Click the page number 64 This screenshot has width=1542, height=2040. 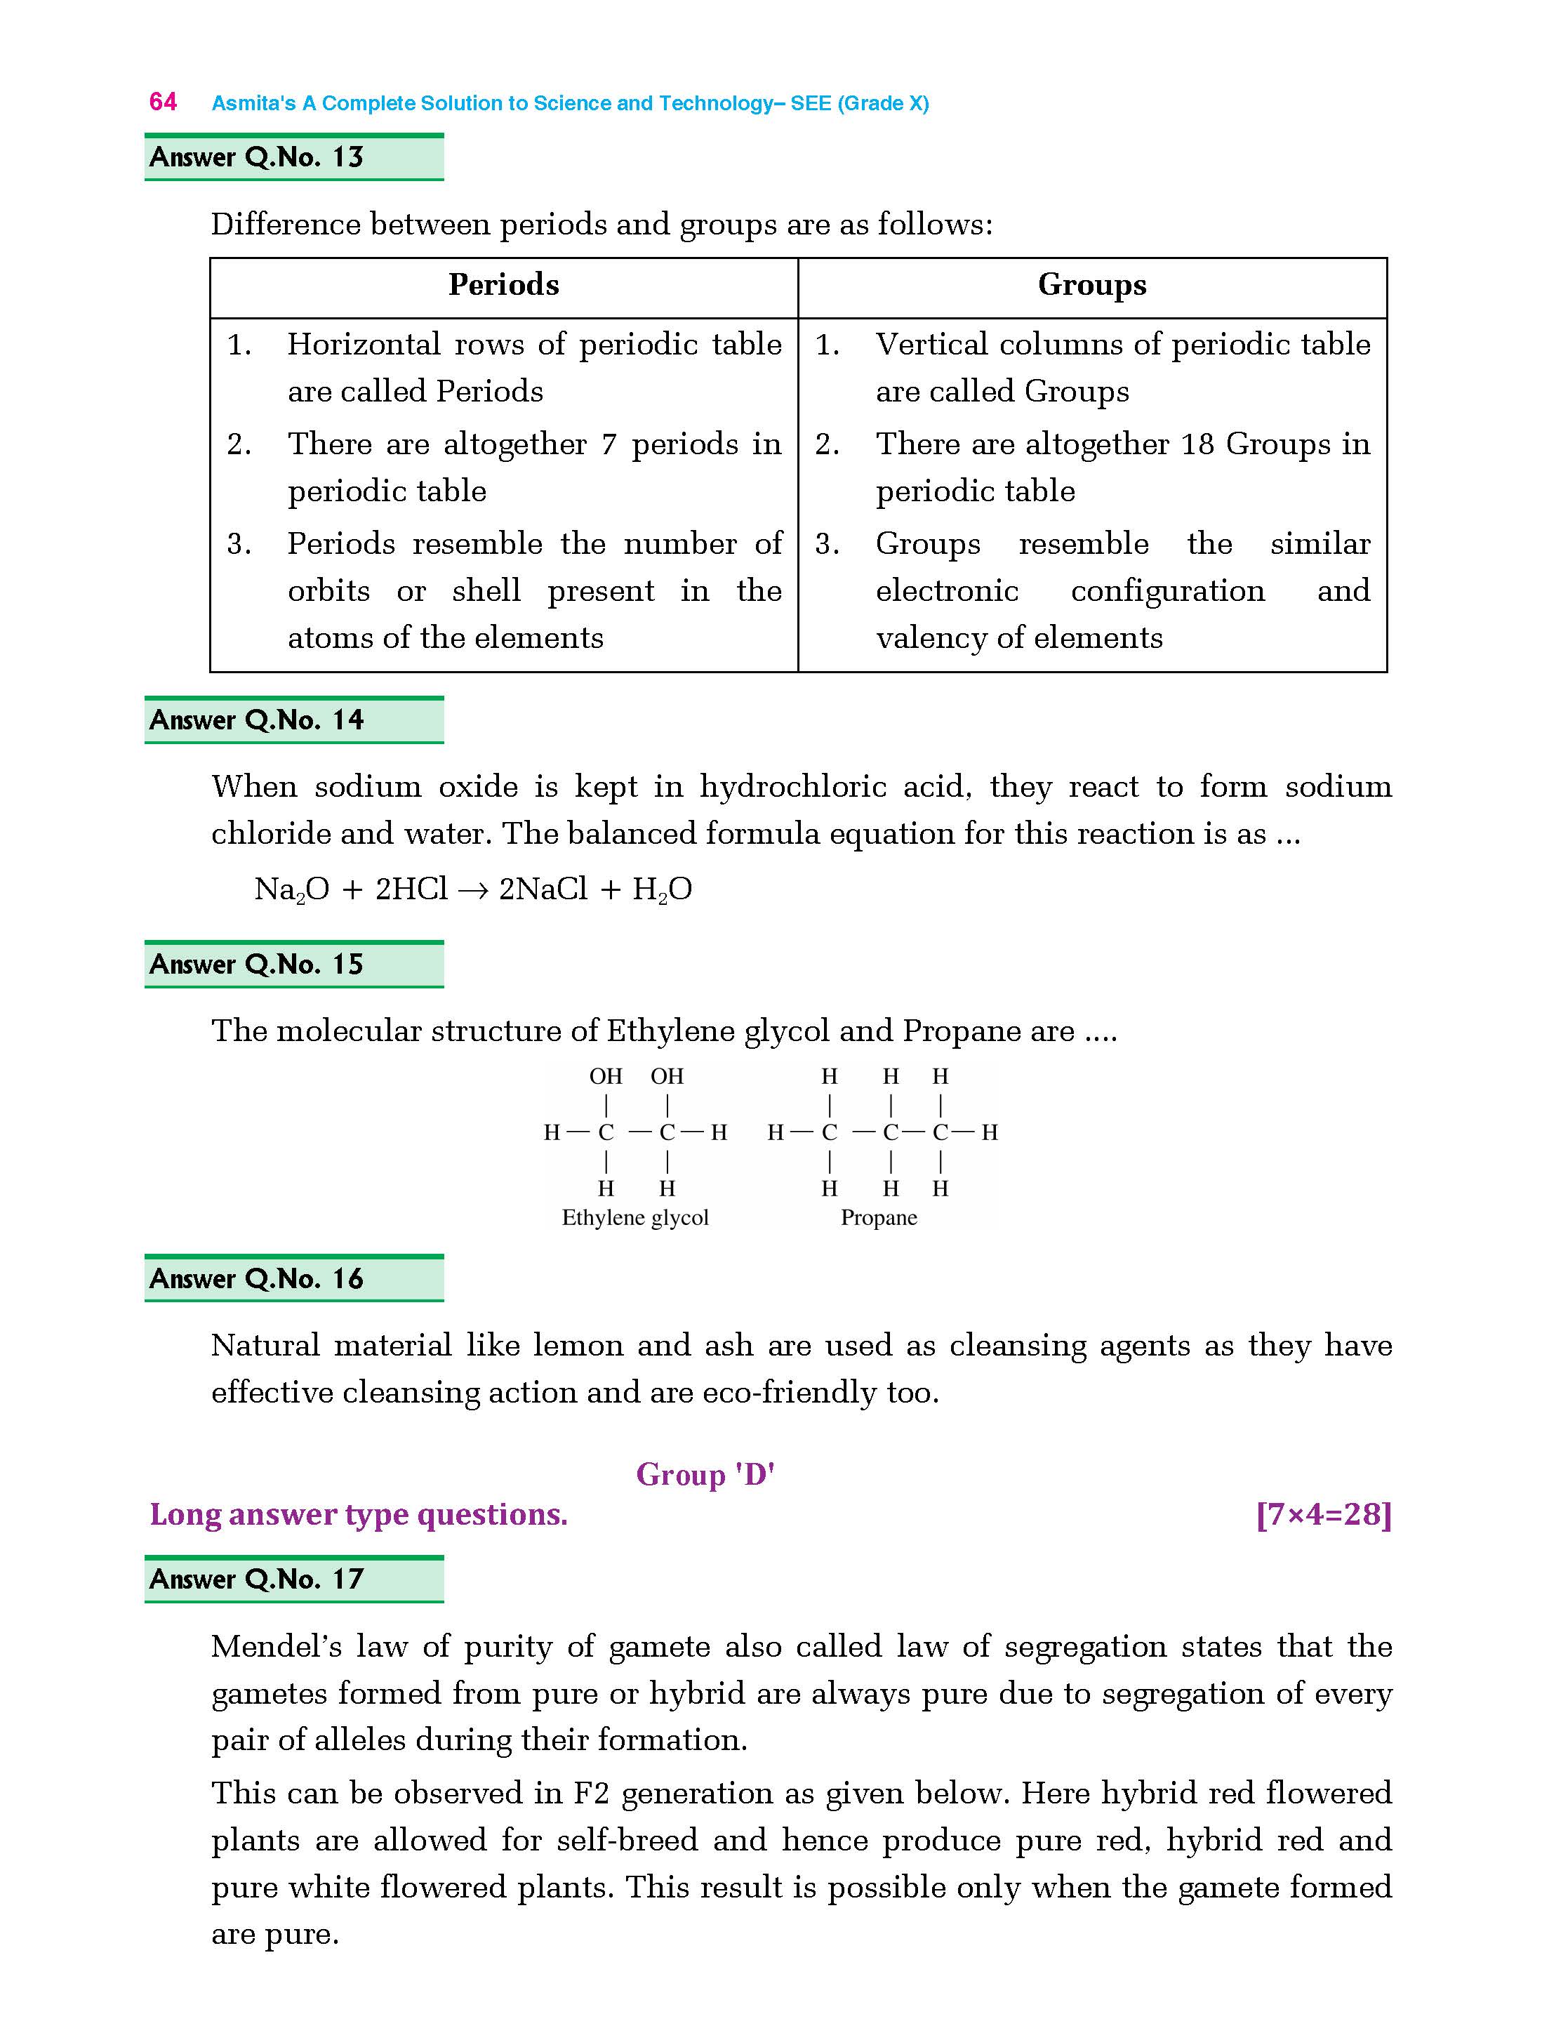(164, 102)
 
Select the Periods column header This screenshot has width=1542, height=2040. (503, 285)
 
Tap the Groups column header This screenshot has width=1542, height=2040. (1092, 285)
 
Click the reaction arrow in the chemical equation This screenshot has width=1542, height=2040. (472, 890)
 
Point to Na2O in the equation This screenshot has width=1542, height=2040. (291, 890)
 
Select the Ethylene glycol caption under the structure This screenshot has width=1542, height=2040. (635, 1218)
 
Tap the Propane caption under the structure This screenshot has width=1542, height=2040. (879, 1218)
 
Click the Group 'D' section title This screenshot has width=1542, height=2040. (705, 1475)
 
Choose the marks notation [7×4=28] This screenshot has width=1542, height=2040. (1324, 1514)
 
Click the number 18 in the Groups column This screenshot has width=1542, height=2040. (1197, 444)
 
